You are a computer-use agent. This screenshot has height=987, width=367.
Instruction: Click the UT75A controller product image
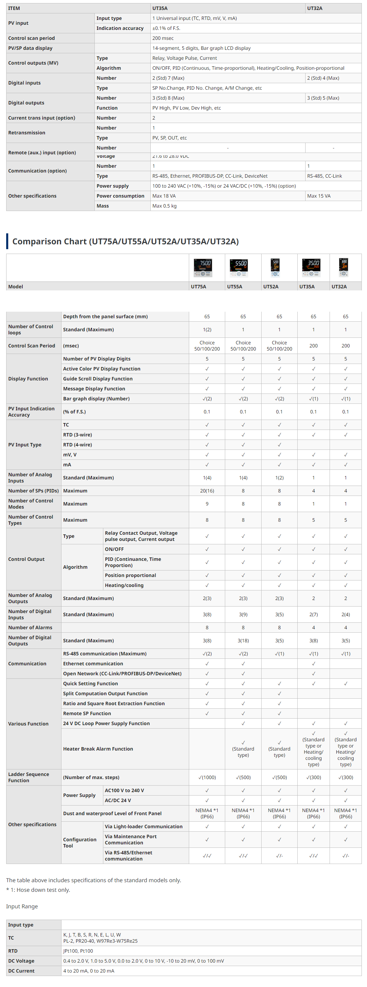pos(203,267)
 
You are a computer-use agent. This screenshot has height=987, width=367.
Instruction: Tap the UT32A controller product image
pos(344,267)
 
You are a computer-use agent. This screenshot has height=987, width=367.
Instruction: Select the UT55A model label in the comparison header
pos(234,287)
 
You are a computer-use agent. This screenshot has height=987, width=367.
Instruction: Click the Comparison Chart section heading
pos(126,241)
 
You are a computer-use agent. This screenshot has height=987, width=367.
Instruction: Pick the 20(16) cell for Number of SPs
pos(207,491)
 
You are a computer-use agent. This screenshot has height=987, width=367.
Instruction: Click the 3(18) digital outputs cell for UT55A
pos(243,641)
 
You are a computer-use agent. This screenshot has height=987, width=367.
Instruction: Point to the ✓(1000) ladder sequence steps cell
pos(207,777)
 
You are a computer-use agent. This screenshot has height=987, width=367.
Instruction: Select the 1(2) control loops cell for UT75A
pos(207,330)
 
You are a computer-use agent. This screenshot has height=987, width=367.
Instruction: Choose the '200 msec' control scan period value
pos(163,38)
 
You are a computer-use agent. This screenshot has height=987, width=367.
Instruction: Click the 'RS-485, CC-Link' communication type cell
pos(324,176)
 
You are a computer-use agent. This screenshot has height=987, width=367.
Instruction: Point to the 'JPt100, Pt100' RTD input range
pos(78,951)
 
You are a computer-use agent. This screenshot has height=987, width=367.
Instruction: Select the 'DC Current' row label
pos(21,971)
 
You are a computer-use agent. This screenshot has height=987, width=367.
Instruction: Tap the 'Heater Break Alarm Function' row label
pos(98,749)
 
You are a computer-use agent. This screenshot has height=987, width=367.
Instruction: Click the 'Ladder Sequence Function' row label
pos(29,777)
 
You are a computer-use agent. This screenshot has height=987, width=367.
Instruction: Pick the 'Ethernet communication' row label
pos(93,664)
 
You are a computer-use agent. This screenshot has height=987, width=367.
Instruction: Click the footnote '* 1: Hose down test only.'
pos(38,890)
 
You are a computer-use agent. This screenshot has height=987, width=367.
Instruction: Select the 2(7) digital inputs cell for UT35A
pos(313,614)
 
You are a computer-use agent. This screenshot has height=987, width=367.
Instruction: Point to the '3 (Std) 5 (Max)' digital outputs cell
pos(323,98)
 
